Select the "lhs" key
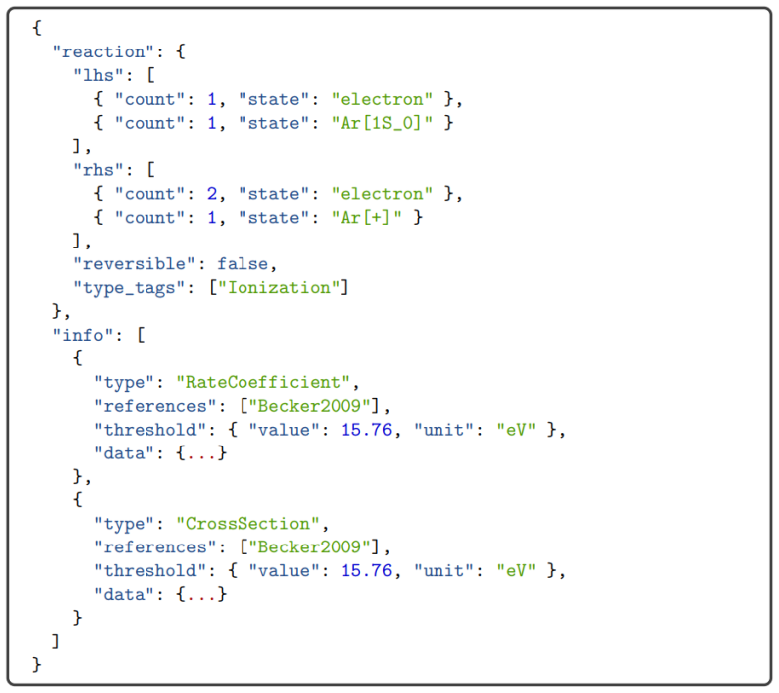point(98,75)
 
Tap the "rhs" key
point(98,170)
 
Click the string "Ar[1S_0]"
point(382,123)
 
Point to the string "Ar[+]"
point(366,217)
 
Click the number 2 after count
point(212,194)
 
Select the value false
point(243,263)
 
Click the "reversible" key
point(135,263)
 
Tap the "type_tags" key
point(130,288)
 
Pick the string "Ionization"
point(279,288)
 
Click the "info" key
point(83,335)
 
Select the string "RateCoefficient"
point(263,382)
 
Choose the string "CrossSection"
point(247,523)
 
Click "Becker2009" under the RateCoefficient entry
point(310,406)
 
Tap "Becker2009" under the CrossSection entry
point(310,546)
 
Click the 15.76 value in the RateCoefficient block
point(366,430)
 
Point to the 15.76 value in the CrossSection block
point(366,570)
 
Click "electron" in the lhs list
point(382,99)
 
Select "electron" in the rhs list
point(382,193)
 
